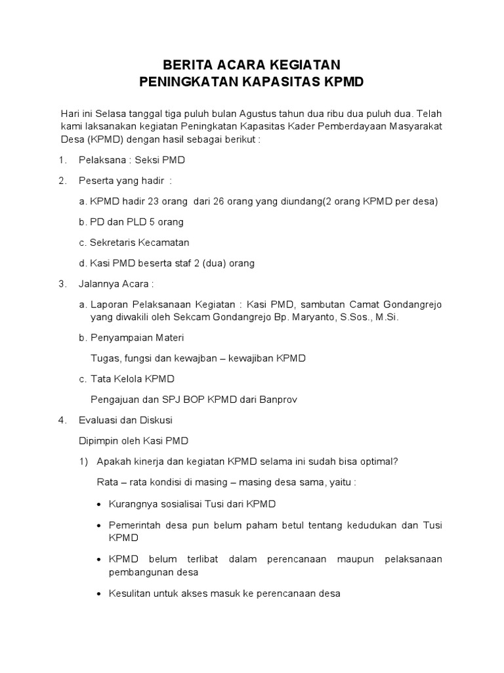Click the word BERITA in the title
pos(187,65)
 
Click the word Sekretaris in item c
pos(113,243)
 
